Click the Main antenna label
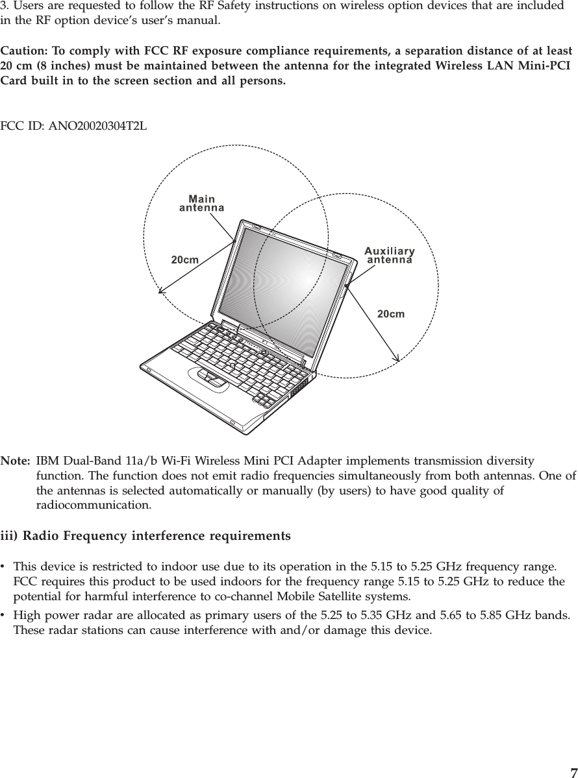tap(201, 203)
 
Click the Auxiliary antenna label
tap(390, 255)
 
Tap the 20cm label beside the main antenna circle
tap(184, 260)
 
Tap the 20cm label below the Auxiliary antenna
tap(391, 314)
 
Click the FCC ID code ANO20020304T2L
tap(98, 125)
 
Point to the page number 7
tap(572, 772)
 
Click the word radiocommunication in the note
tap(94, 504)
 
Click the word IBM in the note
tap(49, 461)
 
